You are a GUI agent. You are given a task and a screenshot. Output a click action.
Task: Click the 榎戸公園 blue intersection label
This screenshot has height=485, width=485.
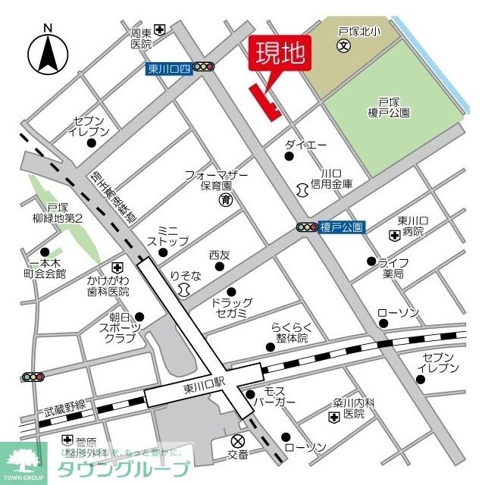(x=343, y=227)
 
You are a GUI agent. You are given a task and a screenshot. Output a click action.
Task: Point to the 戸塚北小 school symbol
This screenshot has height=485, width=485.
(x=343, y=46)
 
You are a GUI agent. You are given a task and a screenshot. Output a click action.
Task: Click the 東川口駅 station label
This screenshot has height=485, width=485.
(x=205, y=388)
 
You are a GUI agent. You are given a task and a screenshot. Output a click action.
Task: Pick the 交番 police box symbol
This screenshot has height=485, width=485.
(x=239, y=441)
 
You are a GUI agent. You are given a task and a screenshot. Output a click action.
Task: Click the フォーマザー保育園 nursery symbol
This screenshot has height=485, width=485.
(x=226, y=200)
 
